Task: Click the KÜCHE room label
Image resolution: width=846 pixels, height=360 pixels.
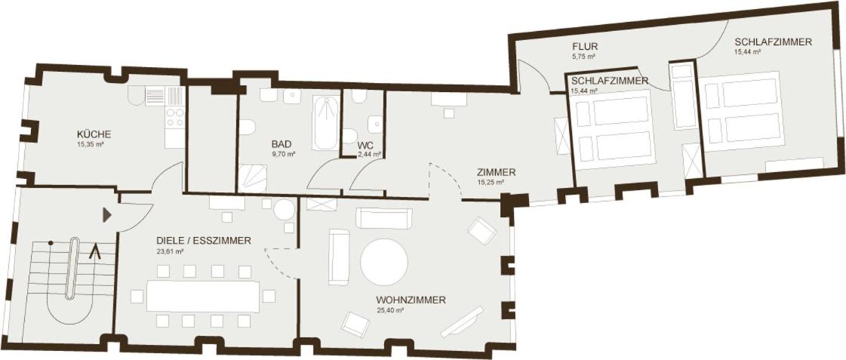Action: (x=94, y=134)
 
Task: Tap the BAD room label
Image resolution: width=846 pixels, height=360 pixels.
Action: (x=281, y=144)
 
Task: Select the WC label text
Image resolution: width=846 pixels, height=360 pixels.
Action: (x=365, y=145)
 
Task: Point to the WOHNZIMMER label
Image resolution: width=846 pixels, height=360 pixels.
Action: (x=411, y=300)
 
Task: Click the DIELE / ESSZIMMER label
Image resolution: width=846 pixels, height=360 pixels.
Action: (x=204, y=241)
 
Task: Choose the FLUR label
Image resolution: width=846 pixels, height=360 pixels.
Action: (x=585, y=47)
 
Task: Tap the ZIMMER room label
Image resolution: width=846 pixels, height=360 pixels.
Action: (x=497, y=173)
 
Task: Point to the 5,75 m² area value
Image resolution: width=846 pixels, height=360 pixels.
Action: (x=584, y=56)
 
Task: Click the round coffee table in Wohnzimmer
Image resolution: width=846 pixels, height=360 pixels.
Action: (x=383, y=263)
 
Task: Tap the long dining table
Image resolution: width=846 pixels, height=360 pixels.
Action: (x=203, y=296)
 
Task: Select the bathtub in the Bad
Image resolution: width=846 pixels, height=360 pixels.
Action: (x=326, y=123)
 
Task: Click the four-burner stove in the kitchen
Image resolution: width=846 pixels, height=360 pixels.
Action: (x=175, y=117)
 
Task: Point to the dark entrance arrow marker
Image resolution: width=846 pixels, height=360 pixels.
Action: (x=107, y=215)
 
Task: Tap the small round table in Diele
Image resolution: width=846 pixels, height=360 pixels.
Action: (x=284, y=209)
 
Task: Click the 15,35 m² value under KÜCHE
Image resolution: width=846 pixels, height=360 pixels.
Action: (x=90, y=145)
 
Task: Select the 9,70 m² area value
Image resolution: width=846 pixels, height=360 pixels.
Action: (x=283, y=155)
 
